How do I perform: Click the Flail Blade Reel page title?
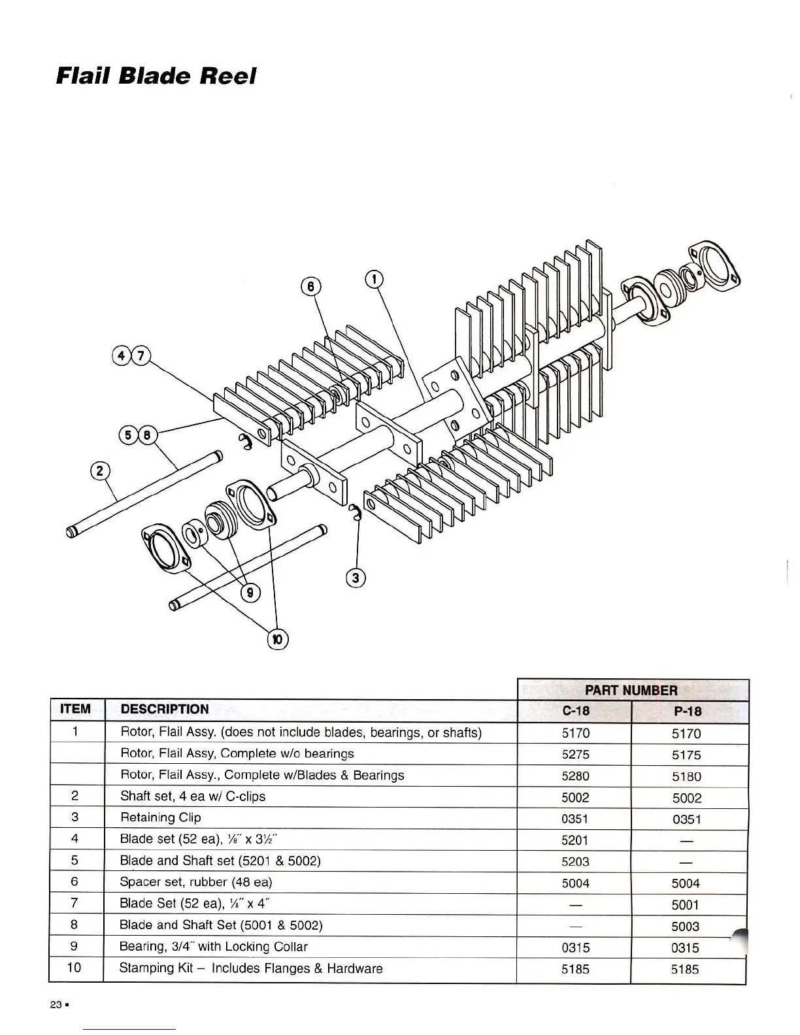tap(156, 76)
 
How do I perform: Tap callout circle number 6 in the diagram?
tap(311, 286)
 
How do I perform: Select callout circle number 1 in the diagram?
tap(373, 279)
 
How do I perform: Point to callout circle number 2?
tap(99, 470)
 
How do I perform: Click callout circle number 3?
tap(355, 578)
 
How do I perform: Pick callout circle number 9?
tap(250, 593)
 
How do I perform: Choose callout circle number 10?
tap(277, 639)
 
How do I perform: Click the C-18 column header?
tap(575, 711)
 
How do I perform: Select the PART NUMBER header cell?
tap(631, 690)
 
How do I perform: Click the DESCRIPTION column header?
tap(165, 709)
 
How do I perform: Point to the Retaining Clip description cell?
tap(161, 817)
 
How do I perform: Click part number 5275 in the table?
tap(575, 754)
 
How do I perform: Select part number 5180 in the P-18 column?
tap(686, 776)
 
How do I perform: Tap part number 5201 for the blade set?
tap(575, 840)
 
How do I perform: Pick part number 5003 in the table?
tap(686, 927)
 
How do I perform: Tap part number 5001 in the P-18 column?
tap(686, 905)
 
